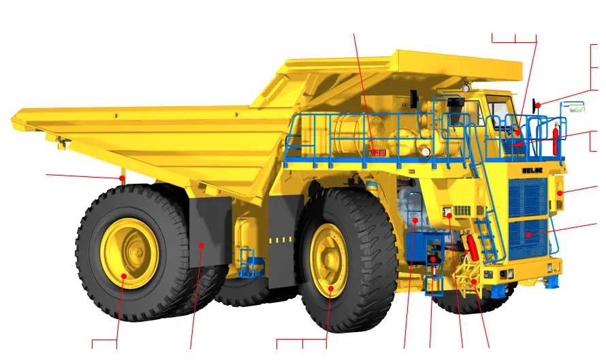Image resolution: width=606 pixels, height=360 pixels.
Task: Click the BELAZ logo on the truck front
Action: point(532,170)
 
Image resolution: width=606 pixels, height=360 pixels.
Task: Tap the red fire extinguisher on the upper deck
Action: point(556,139)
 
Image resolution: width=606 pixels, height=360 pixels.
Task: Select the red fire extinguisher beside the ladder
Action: point(473,247)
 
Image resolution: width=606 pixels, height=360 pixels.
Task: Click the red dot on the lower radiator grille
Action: point(528,235)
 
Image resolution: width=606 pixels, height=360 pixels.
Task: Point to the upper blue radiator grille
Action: point(528,197)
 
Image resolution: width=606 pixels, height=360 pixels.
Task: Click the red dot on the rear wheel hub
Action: point(124,276)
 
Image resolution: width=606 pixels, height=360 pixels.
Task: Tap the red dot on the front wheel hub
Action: point(331,288)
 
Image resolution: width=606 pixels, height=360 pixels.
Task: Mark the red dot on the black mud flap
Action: point(202,245)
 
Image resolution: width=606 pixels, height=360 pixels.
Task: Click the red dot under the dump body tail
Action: point(122,178)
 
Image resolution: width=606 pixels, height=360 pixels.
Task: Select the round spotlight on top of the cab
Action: point(466,88)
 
